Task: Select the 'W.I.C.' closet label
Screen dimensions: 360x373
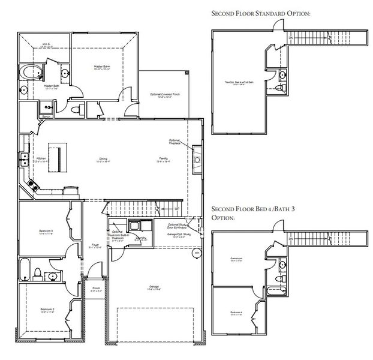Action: tap(46, 43)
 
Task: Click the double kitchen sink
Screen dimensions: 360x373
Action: tap(25, 159)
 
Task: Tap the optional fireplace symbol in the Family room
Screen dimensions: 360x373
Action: tap(196, 160)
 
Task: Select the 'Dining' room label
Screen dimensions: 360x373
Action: tap(103, 159)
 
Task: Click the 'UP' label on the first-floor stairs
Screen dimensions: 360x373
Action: tap(176, 208)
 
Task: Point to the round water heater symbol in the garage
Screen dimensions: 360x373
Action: tap(197, 253)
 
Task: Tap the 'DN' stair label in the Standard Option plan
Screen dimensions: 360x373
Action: tap(291, 37)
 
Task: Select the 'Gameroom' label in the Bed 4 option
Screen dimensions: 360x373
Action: tap(236, 259)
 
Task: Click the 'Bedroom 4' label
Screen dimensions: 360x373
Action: tap(236, 313)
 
